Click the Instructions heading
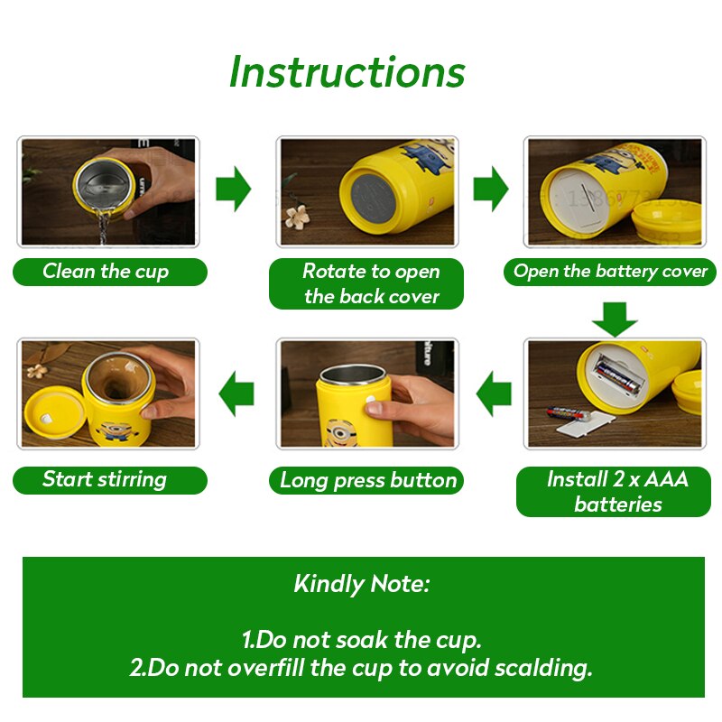[347, 72]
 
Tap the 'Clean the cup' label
[106, 272]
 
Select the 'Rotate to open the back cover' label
[371, 283]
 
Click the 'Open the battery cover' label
[610, 272]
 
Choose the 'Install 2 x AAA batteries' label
[617, 491]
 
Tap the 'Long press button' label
[368, 480]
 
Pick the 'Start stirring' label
[105, 479]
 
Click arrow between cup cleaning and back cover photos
[234, 189]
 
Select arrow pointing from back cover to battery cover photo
[491, 189]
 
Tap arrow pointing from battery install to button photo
[494, 393]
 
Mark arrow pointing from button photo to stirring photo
[236, 393]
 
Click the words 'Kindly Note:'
[362, 584]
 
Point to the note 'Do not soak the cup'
[362, 640]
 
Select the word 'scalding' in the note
[543, 668]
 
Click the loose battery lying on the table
[568, 413]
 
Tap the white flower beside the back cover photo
[297, 218]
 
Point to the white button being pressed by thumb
[371, 401]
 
